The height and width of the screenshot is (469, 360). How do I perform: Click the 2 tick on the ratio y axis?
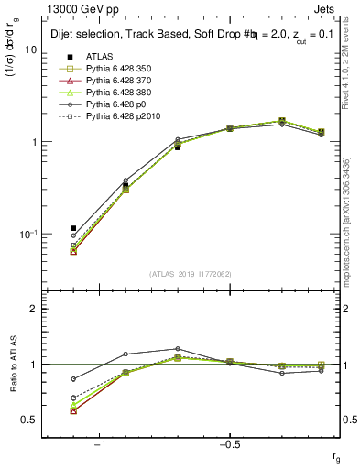tap(33, 309)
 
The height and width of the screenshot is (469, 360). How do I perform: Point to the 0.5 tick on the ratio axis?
tap(29, 420)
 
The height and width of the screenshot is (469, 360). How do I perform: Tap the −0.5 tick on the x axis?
tap(229, 445)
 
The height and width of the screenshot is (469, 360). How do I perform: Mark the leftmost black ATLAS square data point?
tap(73, 228)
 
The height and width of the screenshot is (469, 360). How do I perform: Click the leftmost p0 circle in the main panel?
tap(73, 235)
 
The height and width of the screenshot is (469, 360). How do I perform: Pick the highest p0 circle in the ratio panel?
tap(178, 349)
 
